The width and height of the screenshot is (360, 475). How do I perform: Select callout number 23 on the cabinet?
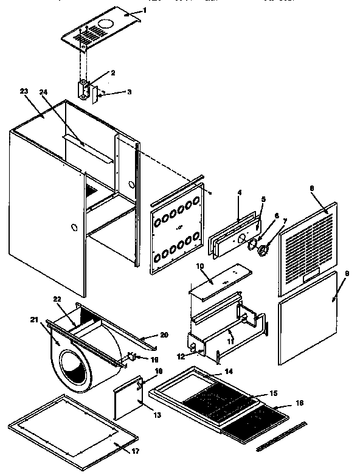click(x=24, y=91)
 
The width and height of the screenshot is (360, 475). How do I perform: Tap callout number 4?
click(x=240, y=192)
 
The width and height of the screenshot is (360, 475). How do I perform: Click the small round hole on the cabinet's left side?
click(x=74, y=228)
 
